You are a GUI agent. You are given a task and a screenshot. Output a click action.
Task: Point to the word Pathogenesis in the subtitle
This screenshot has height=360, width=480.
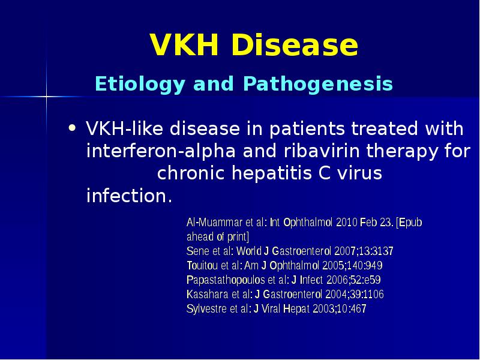click(x=318, y=84)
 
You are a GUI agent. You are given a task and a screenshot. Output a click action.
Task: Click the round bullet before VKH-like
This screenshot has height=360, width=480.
click(x=73, y=128)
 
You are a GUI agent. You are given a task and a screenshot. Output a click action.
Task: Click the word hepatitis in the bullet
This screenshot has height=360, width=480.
click(x=267, y=173)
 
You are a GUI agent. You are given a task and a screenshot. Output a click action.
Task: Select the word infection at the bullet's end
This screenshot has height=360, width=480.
click(x=125, y=196)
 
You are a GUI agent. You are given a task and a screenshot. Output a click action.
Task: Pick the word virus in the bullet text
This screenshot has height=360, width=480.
click(x=358, y=173)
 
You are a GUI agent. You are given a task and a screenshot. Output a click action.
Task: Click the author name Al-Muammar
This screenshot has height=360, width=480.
click(x=212, y=223)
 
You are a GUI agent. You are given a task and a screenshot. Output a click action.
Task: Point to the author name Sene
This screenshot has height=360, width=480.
click(x=197, y=251)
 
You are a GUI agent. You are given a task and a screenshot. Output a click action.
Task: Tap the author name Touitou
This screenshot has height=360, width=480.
click(x=202, y=266)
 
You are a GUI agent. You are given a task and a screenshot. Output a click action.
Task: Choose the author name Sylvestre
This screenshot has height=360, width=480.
click(x=206, y=310)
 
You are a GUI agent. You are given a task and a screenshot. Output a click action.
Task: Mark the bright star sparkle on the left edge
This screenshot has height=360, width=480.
click(x=46, y=95)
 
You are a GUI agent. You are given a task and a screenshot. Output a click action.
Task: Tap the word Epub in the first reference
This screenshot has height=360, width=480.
click(x=412, y=223)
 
